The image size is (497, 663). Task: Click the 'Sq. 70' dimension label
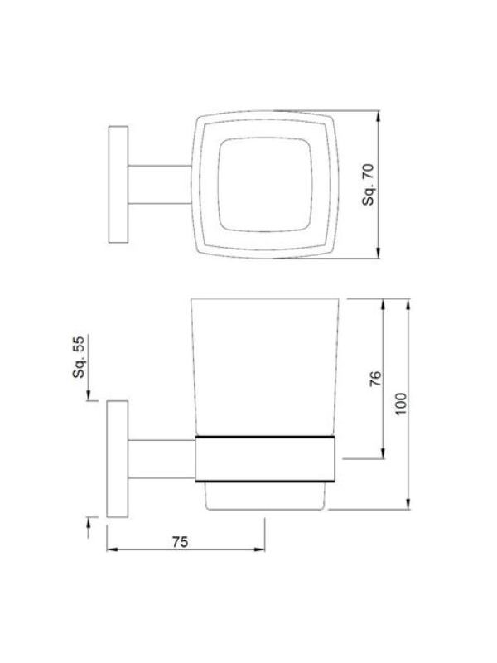tap(369, 184)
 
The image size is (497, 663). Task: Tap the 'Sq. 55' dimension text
tap(79, 356)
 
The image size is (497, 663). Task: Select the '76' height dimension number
tap(375, 379)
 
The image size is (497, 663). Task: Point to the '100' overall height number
tap(401, 404)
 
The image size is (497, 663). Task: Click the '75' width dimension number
tap(180, 542)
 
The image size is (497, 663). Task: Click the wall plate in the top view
tap(118, 184)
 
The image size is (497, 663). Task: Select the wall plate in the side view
tap(117, 459)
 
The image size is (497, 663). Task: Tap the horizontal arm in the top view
tap(160, 184)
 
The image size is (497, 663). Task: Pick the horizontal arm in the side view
tap(162, 459)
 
